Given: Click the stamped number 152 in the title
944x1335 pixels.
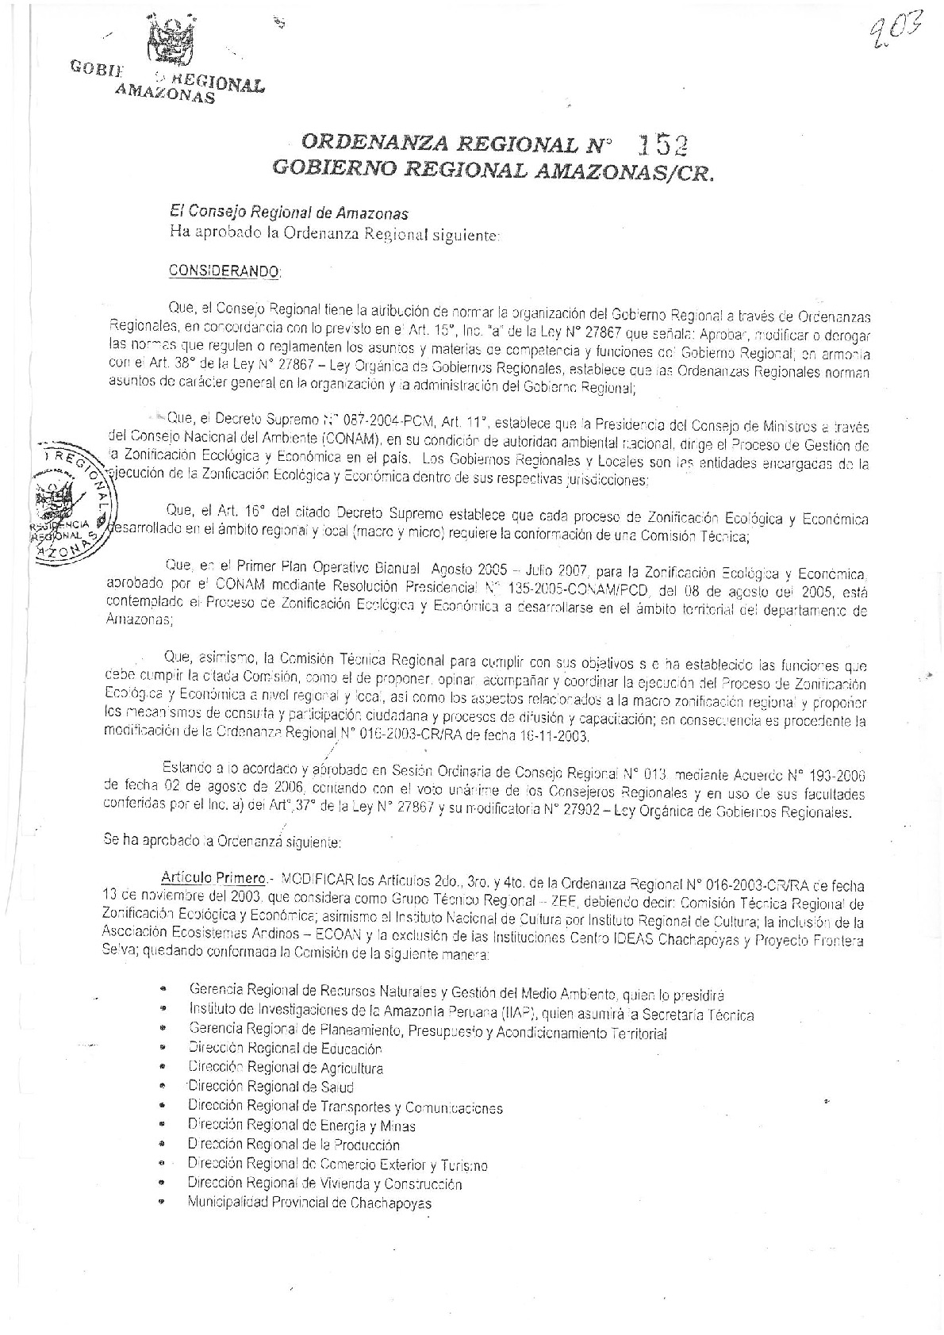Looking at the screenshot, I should click(x=660, y=144).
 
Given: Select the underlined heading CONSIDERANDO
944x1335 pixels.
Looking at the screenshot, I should click(x=224, y=270).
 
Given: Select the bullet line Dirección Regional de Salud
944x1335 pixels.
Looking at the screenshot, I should click(x=271, y=1087).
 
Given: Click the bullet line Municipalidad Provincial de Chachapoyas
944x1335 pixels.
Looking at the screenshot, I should click(x=309, y=1203).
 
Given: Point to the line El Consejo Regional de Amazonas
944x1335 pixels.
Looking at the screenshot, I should click(x=290, y=213).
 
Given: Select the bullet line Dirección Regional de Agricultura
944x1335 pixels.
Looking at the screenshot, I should click(x=286, y=1068).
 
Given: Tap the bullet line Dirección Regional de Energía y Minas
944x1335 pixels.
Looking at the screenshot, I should click(x=301, y=1126).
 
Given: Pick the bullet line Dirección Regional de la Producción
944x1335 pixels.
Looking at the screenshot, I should click(x=294, y=1145).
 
